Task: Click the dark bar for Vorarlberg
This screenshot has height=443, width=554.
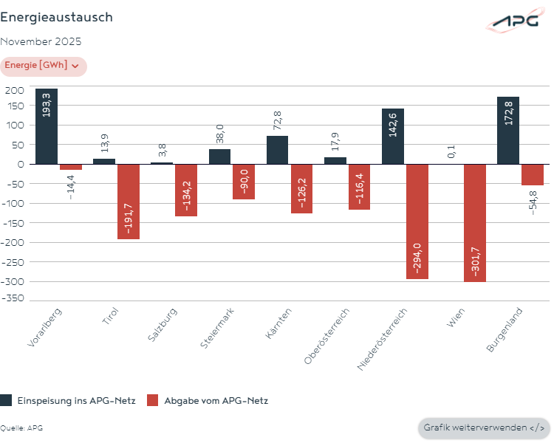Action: [47, 126]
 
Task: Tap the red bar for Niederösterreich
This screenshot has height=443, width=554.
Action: [417, 221]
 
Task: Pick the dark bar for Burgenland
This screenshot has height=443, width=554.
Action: [508, 131]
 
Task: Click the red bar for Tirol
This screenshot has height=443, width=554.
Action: [129, 201]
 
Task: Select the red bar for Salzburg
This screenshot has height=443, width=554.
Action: [186, 190]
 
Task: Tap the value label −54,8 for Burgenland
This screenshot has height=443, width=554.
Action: [533, 202]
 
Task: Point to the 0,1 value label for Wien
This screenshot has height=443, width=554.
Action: [451, 152]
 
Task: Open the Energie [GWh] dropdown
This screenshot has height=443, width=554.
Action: [43, 66]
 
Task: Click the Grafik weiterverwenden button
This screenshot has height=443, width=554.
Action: [484, 427]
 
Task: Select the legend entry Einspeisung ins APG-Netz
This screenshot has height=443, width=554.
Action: [68, 400]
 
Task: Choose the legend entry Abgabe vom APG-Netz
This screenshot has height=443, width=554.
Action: [208, 400]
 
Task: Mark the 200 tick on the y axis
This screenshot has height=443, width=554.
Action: [16, 90]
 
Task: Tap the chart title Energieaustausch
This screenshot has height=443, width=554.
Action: [57, 17]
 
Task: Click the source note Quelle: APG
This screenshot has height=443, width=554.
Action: [21, 428]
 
